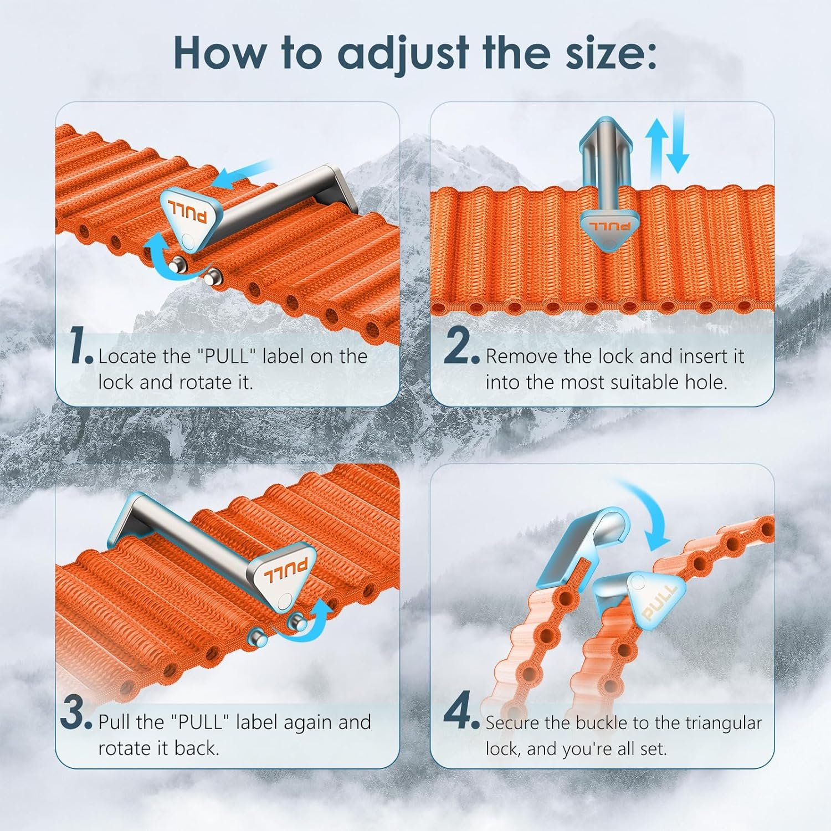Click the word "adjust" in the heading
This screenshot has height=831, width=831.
pos(404,54)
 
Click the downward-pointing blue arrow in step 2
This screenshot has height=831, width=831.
pos(677,141)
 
